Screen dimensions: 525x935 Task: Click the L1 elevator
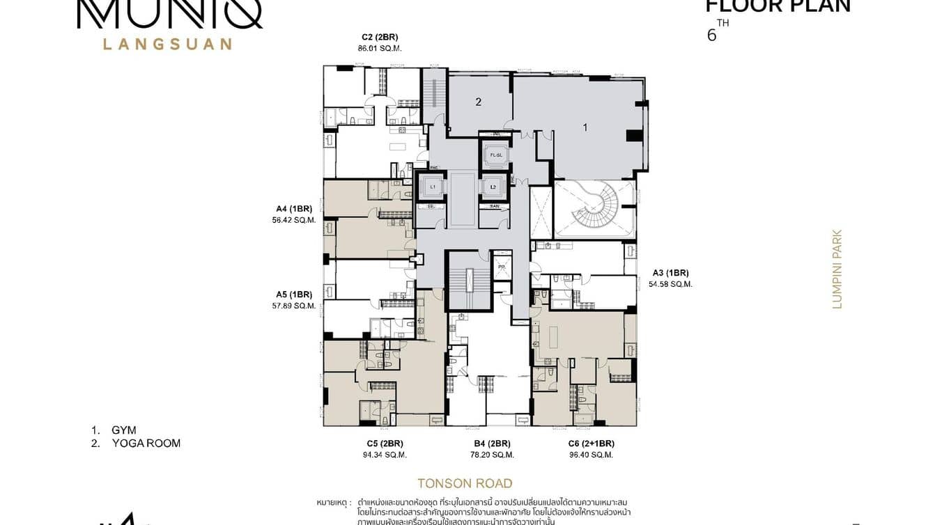tap(432, 187)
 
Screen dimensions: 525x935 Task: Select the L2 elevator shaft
tap(493, 187)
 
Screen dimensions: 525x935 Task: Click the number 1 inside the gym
tap(585, 127)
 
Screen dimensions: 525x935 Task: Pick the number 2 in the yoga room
tap(479, 102)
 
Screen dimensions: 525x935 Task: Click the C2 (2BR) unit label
tap(379, 37)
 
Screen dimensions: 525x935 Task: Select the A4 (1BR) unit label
tap(293, 208)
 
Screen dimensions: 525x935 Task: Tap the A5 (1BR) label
tap(293, 294)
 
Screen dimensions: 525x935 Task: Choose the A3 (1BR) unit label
tap(670, 272)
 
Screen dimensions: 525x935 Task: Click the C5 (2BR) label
tap(385, 443)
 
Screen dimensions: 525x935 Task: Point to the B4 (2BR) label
tap(492, 443)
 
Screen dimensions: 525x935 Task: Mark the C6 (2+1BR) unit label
tap(592, 443)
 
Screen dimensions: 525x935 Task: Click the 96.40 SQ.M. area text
tap(592, 455)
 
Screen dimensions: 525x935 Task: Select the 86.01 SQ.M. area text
tap(379, 48)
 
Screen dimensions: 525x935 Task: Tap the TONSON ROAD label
tap(465, 483)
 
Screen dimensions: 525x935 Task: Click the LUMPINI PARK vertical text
tap(837, 269)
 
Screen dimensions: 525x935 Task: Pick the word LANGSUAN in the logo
tap(167, 44)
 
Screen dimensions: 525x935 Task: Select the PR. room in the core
tap(501, 267)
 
